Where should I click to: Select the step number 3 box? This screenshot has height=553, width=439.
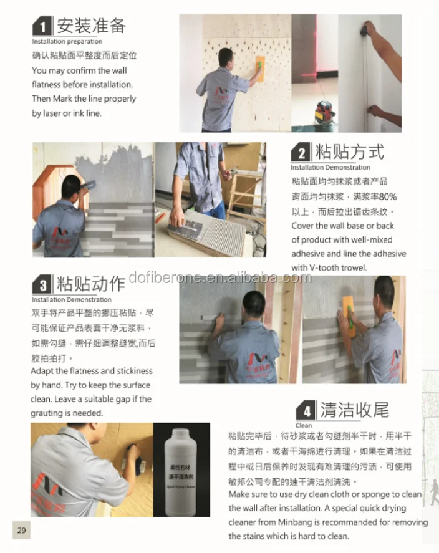coord(42,286)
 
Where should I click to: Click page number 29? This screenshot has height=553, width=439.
coord(21,531)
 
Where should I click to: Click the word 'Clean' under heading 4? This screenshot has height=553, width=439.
coord(304,426)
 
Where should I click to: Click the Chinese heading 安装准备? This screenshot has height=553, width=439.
coord(92,26)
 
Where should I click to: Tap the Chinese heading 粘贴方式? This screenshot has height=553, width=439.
coord(349,152)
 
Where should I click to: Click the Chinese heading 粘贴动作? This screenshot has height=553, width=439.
coord(91,284)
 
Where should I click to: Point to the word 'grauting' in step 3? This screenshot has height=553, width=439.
coord(47,413)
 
